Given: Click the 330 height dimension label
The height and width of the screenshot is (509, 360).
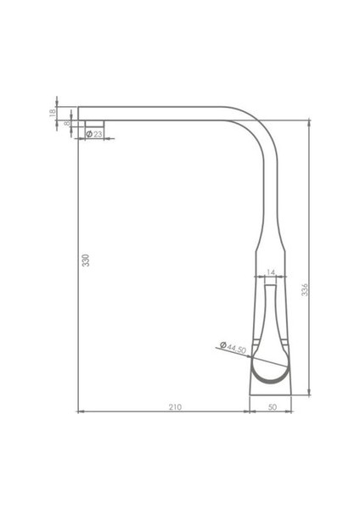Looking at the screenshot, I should (x=85, y=260).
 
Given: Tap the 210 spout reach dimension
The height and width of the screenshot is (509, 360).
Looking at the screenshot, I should (x=174, y=408).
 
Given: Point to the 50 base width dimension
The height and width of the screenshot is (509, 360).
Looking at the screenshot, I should (x=272, y=408).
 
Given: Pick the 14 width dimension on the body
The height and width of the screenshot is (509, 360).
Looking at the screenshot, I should (x=270, y=271).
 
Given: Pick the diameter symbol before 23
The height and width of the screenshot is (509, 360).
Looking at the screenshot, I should (x=88, y=134).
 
